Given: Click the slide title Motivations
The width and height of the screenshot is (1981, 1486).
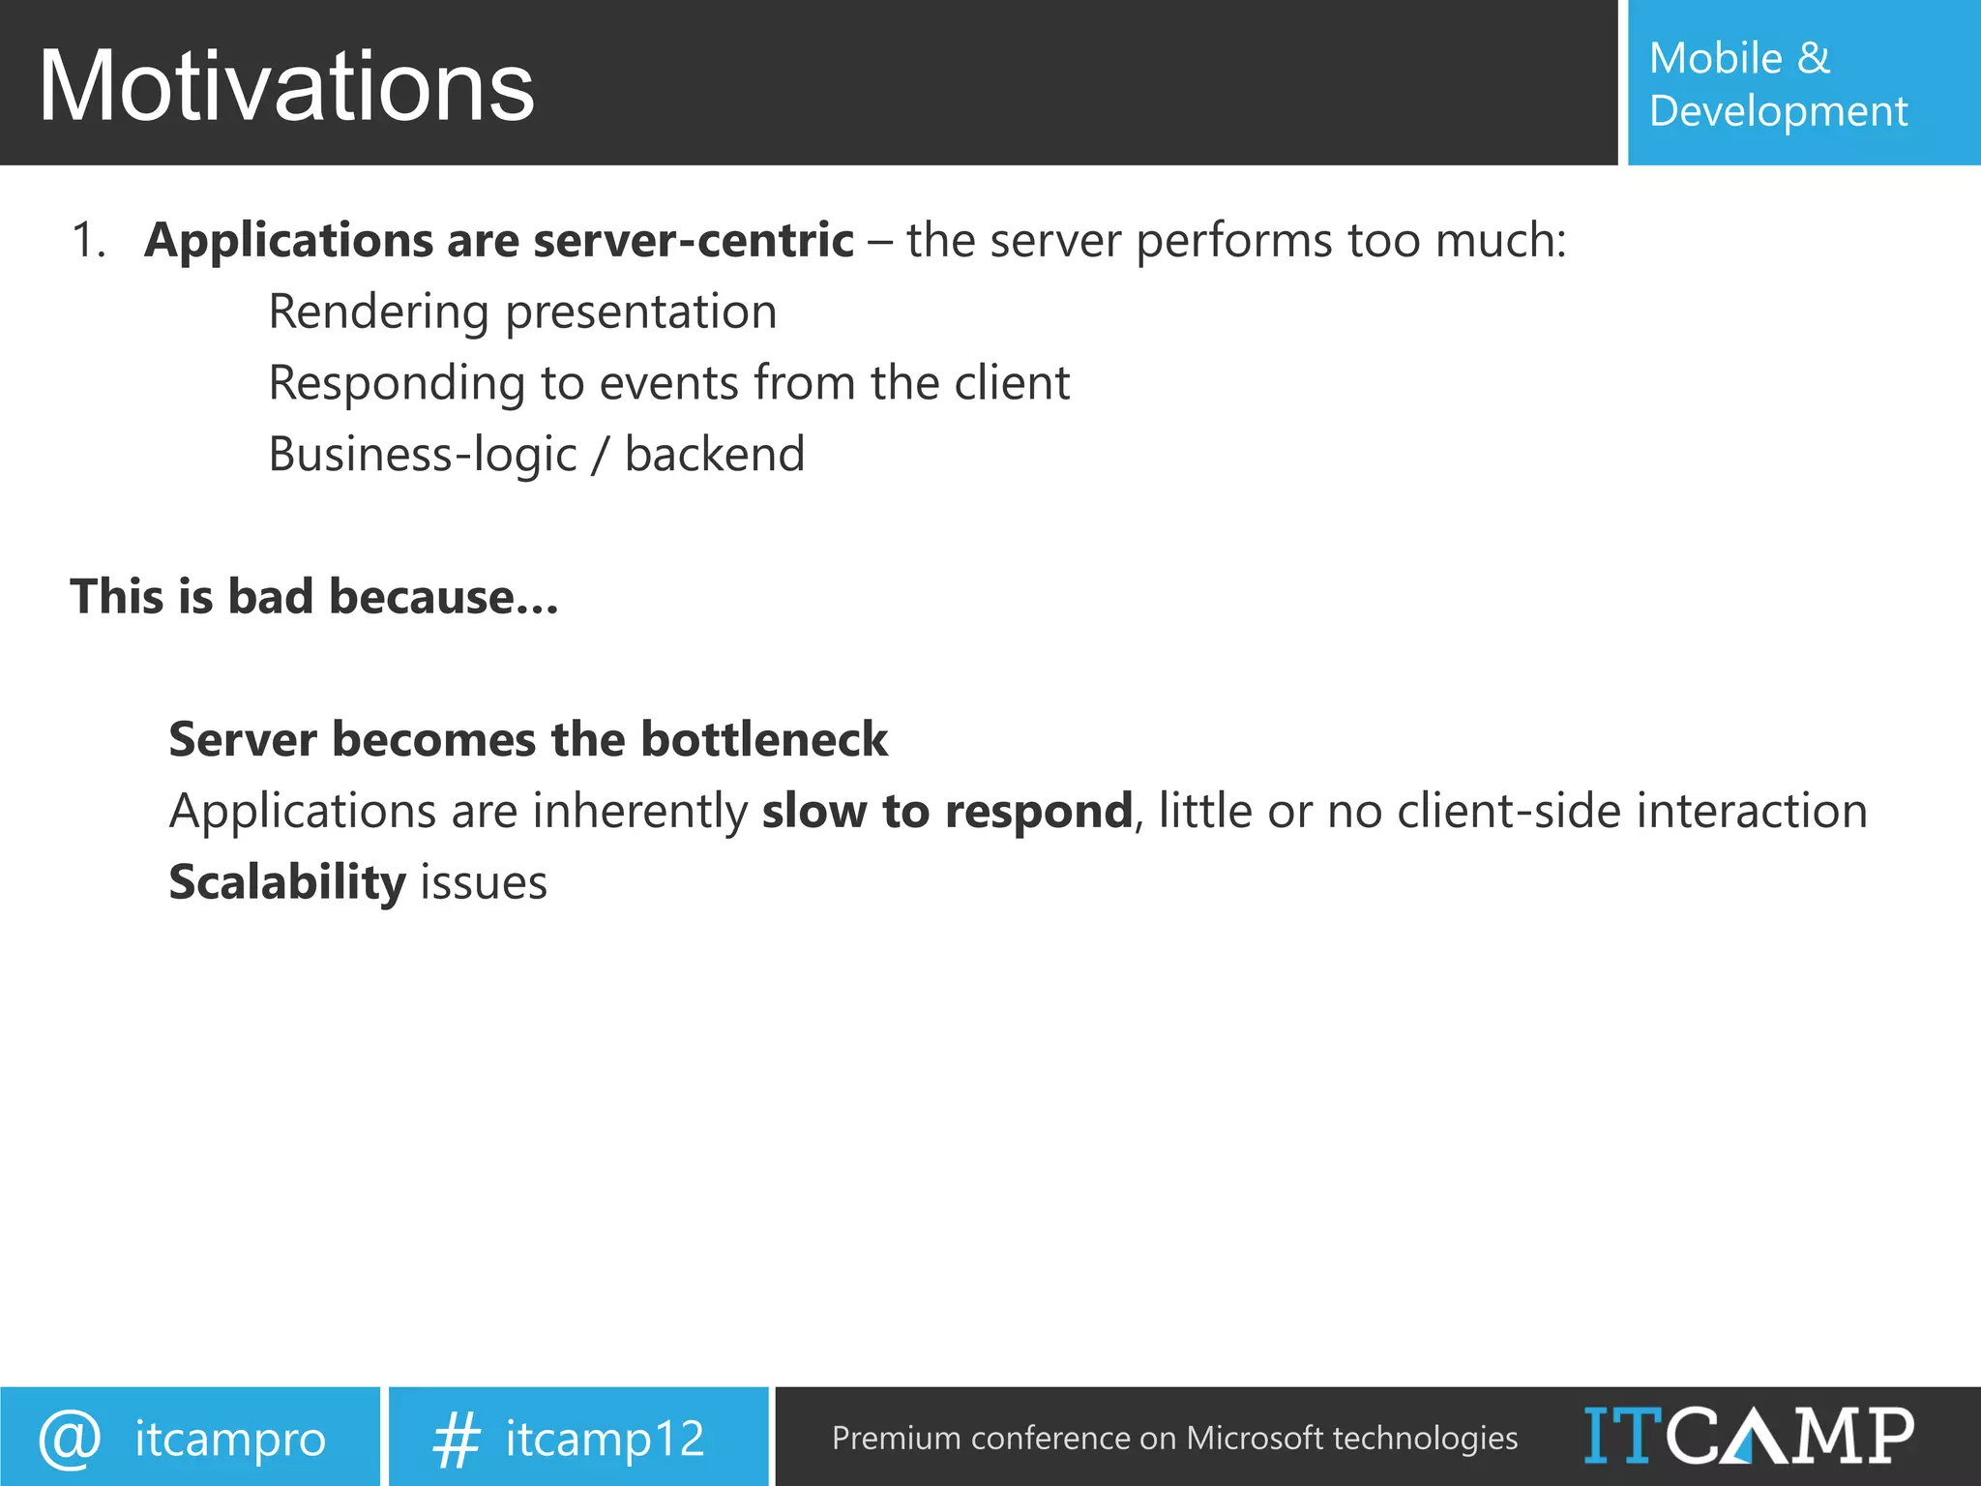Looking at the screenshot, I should pos(285,87).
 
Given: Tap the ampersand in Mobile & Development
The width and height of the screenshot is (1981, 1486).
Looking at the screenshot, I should pos(1814,58).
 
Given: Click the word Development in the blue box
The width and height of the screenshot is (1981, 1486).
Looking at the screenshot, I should pos(1778,111).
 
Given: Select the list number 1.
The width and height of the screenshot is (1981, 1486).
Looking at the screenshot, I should pos(87,240).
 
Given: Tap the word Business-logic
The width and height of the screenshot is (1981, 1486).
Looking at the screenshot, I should pos(422,455).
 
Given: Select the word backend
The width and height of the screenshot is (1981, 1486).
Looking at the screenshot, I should pos(714,455).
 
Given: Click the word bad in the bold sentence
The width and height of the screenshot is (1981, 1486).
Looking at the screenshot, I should pos(270,597).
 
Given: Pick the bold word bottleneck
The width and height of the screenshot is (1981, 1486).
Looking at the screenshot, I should pos(763,740).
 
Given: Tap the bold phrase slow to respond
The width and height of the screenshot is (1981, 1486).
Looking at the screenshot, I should pos(946,811).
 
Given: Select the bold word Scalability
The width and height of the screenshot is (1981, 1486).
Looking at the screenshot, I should pos(286,882).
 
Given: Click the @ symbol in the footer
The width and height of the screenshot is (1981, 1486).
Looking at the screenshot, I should pos(70,1438).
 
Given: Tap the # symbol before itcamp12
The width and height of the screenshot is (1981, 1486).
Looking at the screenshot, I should pos(456,1439).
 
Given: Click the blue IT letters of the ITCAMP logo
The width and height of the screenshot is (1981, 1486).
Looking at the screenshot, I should pos(1622,1435).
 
